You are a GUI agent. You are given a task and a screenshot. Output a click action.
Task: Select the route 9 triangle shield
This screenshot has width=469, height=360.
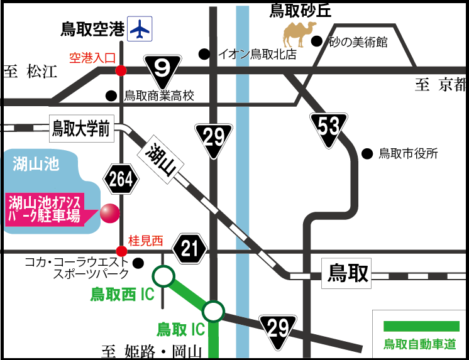coord(162,67)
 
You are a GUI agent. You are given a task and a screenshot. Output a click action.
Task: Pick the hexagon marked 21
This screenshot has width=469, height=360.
coord(190,248)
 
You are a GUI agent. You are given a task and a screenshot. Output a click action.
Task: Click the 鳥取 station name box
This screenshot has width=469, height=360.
coord(348,275)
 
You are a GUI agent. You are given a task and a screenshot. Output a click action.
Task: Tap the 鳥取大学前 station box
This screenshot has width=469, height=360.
coord(80,130)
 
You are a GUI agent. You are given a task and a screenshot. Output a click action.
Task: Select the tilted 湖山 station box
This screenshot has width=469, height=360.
coord(162,161)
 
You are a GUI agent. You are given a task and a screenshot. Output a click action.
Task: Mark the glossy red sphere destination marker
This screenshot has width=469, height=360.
coord(109,214)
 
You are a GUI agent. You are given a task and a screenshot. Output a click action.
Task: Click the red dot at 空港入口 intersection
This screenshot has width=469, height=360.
coord(120,70)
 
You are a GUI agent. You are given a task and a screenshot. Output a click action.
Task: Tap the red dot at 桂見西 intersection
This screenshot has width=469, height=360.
coord(121,251)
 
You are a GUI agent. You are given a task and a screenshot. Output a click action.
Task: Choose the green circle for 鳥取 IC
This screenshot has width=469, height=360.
coord(213,310)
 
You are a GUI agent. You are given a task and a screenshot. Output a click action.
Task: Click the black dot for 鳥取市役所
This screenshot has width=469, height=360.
coord(367,153)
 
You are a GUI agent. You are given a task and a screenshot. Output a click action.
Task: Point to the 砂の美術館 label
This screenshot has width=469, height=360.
coord(356,43)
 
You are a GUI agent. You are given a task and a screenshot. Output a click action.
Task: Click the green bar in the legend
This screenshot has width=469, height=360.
coord(421,326)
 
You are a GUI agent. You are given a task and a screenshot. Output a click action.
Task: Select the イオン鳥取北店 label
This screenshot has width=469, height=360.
coord(256,54)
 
